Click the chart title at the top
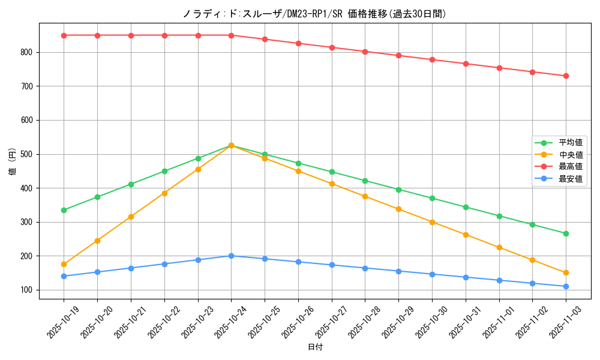point(314,14)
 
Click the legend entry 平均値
point(571,143)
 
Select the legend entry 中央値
point(571,155)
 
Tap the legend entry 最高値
point(571,167)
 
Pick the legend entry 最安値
point(571,179)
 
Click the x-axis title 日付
point(315,347)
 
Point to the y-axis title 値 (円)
point(12,161)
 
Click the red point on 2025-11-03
point(566,76)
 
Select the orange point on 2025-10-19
point(64,264)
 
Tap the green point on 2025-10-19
point(64,210)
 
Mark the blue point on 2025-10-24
point(231,256)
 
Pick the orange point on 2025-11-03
point(566,273)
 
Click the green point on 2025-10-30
point(432,198)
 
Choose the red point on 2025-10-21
point(131,35)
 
